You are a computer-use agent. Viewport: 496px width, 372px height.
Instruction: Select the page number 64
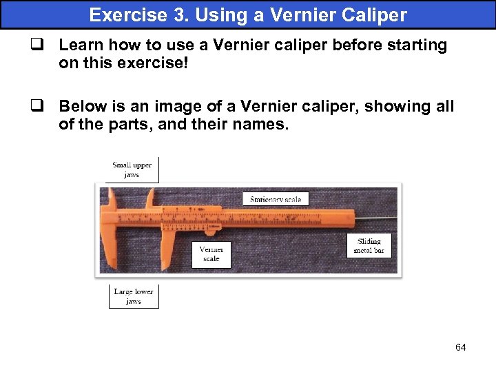tap(460, 347)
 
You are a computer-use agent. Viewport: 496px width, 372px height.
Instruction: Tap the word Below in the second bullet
tap(81, 106)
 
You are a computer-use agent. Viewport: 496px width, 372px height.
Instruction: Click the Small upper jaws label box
tap(132, 169)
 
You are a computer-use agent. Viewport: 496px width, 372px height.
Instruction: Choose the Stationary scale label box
tap(276, 199)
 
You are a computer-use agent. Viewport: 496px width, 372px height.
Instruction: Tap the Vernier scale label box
tap(211, 254)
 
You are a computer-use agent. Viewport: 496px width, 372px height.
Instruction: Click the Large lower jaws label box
tap(133, 296)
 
